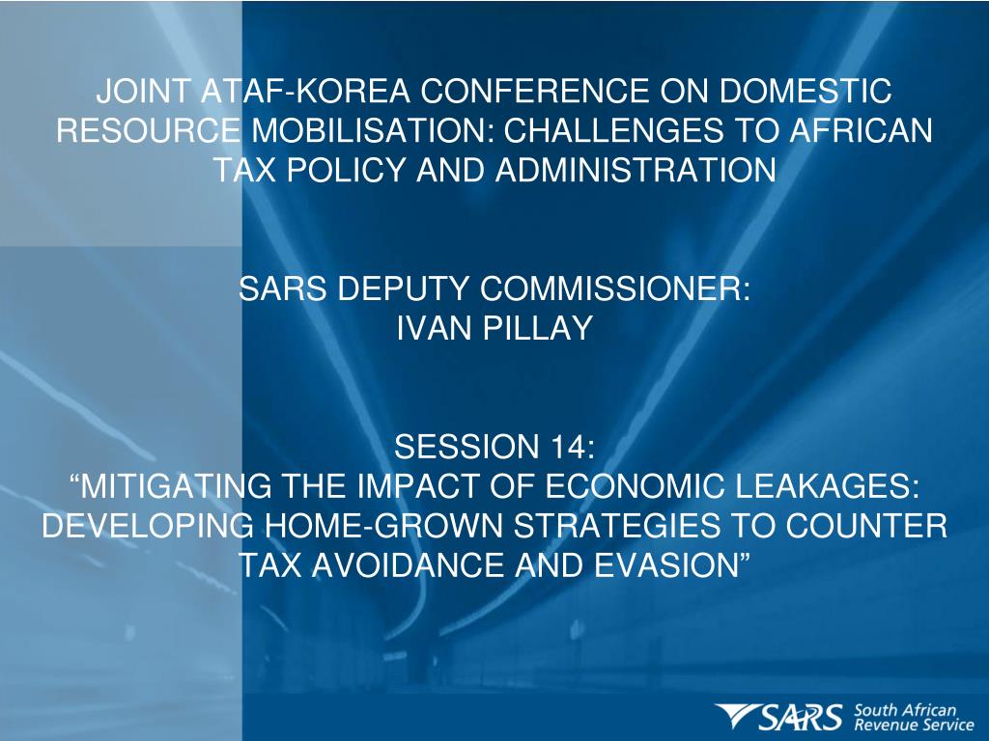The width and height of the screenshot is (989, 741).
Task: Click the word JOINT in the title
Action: [x=143, y=91]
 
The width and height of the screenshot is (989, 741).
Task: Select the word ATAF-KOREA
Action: [x=305, y=91]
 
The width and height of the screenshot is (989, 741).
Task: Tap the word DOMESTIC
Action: [x=805, y=91]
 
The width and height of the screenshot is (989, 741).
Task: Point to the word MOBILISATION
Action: [x=368, y=130]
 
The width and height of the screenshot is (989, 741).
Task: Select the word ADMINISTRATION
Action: [x=636, y=170]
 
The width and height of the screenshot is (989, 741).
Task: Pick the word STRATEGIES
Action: [x=616, y=526]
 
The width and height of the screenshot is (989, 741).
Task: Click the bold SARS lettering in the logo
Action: [x=801, y=717]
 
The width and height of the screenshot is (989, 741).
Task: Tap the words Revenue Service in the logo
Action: [x=914, y=725]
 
